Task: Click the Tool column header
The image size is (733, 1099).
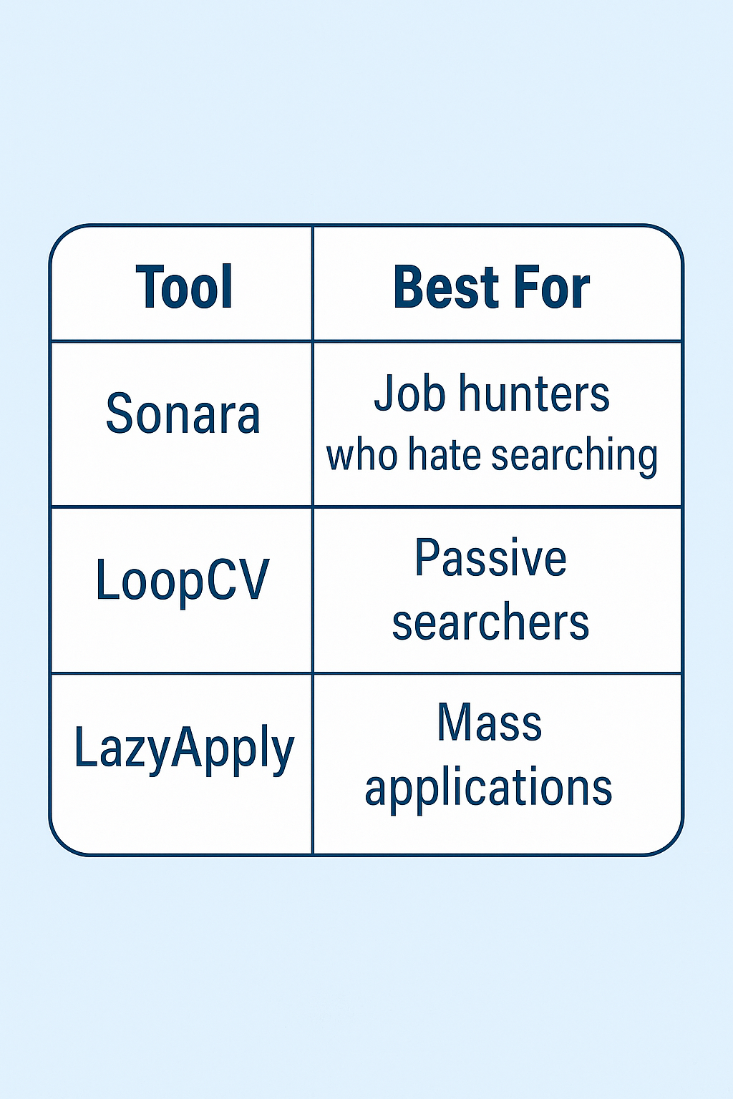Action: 184,288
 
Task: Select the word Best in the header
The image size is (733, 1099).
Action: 446,288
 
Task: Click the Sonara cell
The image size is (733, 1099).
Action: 183,414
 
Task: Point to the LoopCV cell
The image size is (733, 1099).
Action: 183,580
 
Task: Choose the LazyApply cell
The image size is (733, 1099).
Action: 184,749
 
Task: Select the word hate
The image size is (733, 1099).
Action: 444,456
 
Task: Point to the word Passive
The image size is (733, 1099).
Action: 490,559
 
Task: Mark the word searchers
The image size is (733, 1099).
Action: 490,622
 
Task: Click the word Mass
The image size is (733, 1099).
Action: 490,723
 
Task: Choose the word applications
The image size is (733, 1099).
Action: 489,788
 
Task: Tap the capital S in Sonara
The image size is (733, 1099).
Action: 120,414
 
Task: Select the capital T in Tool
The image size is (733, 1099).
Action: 149,288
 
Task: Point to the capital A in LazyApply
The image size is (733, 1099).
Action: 186,746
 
